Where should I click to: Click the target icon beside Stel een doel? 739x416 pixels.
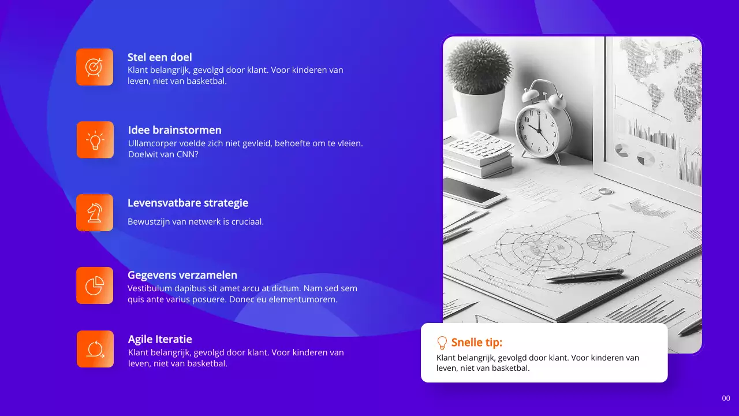pyautogui.click(x=95, y=67)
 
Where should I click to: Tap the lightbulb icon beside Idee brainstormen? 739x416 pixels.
pyautogui.click(x=95, y=140)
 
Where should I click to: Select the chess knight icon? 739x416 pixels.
pyautogui.click(x=95, y=213)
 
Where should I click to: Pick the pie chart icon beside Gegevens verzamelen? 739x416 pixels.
pyautogui.click(x=95, y=285)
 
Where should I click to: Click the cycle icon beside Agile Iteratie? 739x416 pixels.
pyautogui.click(x=95, y=349)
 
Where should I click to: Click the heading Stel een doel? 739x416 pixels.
pyautogui.click(x=159, y=57)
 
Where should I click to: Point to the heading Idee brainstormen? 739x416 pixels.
pyautogui.click(x=174, y=130)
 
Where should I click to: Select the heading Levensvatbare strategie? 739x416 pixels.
pyautogui.click(x=188, y=203)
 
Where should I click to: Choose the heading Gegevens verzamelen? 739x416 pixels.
pyautogui.click(x=182, y=275)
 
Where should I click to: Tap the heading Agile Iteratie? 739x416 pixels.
pyautogui.click(x=160, y=339)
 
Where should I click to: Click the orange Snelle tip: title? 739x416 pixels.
pyautogui.click(x=476, y=343)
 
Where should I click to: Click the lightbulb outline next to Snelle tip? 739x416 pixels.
pyautogui.click(x=442, y=343)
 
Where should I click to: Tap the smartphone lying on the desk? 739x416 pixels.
pyautogui.click(x=474, y=191)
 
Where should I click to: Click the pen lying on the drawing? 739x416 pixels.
pyautogui.click(x=584, y=274)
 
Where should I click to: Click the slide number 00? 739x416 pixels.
pyautogui.click(x=726, y=398)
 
